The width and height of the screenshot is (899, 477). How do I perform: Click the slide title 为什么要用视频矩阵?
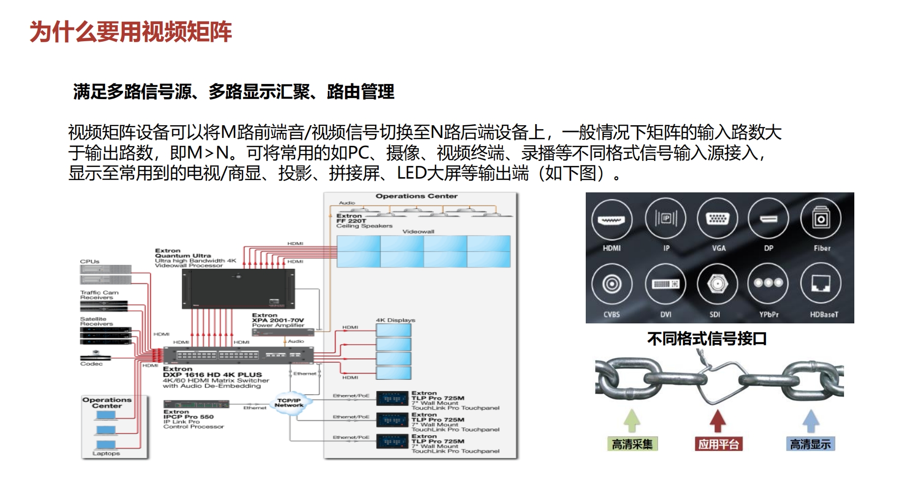(x=131, y=32)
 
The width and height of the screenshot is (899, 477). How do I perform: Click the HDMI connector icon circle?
(x=611, y=219)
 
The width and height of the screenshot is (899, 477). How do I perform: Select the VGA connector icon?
(x=718, y=219)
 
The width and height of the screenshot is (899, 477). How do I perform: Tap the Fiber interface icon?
(x=821, y=219)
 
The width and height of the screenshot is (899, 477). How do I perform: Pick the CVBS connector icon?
(x=611, y=284)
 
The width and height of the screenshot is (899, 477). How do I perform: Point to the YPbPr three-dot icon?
(x=768, y=283)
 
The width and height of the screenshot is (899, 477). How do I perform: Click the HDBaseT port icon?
(x=821, y=284)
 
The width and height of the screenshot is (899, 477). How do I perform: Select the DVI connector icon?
(x=665, y=284)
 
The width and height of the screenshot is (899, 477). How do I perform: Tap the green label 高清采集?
(x=632, y=444)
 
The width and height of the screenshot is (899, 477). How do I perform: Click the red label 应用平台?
(x=718, y=444)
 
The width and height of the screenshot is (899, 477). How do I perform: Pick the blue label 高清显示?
(x=810, y=444)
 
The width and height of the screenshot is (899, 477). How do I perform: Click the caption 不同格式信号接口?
(x=707, y=339)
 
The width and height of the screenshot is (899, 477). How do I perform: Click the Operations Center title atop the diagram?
(x=416, y=196)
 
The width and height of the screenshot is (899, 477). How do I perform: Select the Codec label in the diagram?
(x=91, y=364)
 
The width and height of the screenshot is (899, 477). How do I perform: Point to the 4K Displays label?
(x=395, y=320)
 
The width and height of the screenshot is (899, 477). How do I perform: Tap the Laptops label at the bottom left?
(x=106, y=453)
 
